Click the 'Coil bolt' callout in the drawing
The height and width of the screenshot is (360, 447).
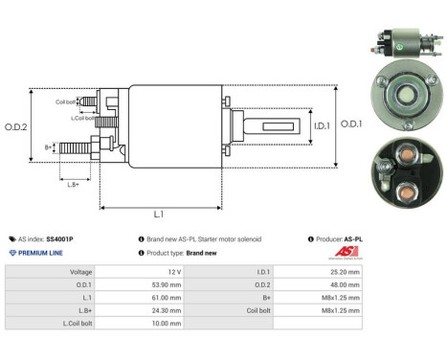pos(65,101)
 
